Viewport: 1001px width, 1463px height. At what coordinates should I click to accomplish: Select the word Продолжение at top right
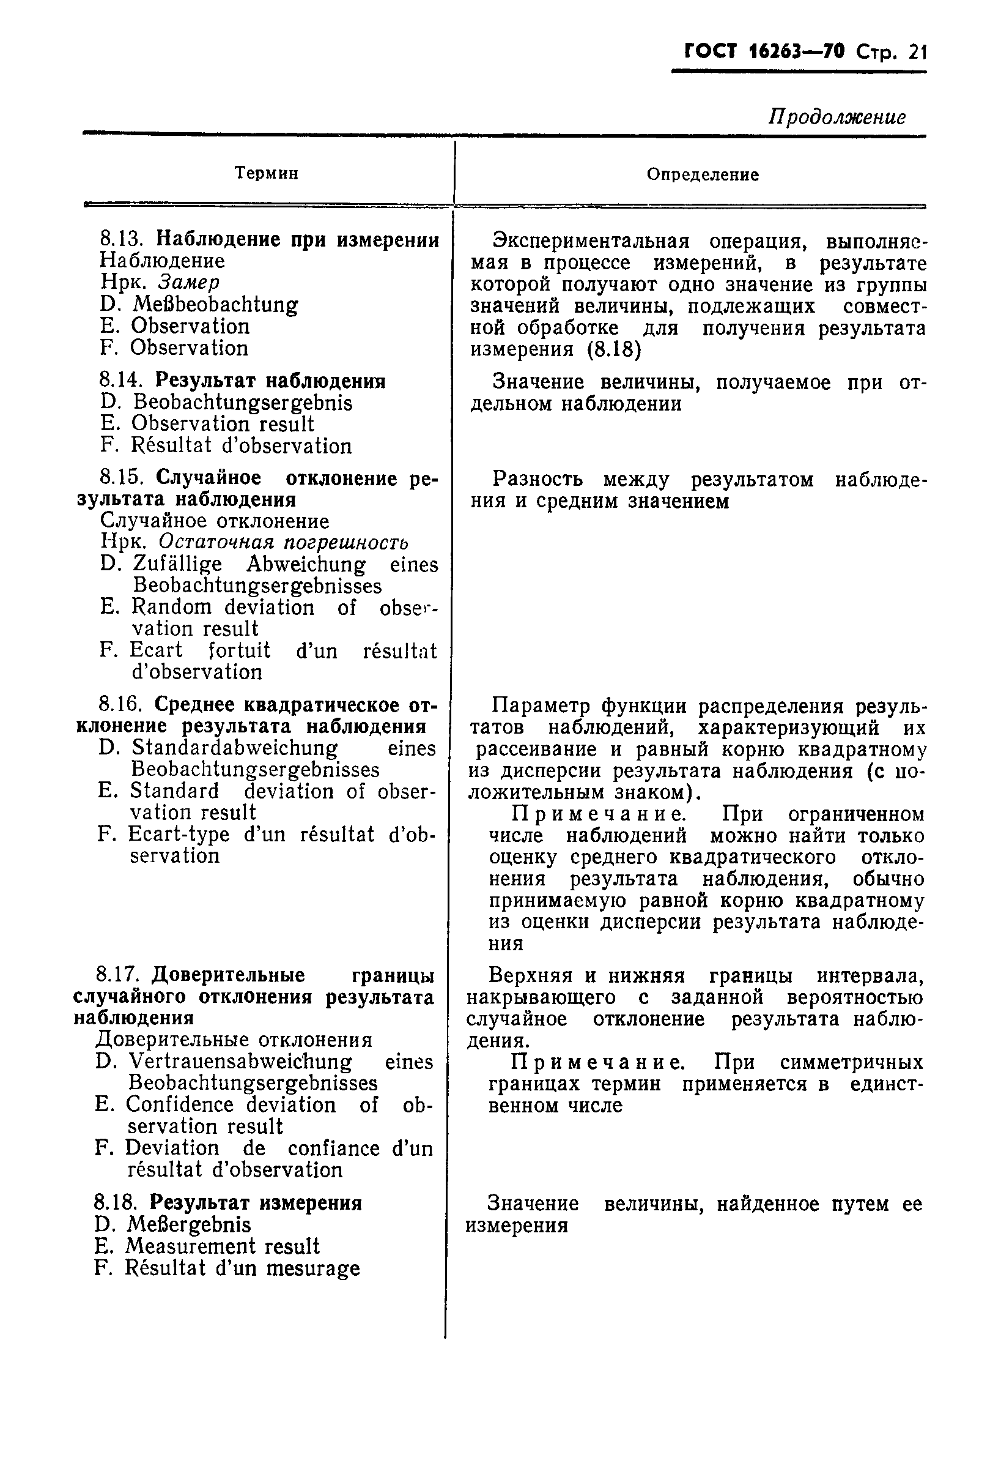coord(837,117)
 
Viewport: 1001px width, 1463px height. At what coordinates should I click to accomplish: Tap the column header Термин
coord(266,173)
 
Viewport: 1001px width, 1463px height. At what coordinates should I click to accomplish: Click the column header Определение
coord(702,174)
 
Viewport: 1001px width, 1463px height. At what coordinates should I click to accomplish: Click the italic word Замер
coord(188,282)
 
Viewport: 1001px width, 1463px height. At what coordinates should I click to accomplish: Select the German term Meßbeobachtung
coord(215,305)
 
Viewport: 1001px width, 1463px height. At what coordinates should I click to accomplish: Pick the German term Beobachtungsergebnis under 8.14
coord(243,402)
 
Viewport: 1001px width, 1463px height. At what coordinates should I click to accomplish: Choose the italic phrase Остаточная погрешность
coord(283,542)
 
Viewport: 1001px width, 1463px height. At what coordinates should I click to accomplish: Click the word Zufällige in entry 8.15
coord(177,564)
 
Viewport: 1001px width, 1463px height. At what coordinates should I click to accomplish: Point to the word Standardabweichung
coord(235,748)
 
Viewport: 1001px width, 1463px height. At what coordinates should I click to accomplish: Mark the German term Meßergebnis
coord(189,1224)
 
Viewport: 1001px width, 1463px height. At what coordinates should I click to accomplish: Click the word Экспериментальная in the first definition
coord(591,241)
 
